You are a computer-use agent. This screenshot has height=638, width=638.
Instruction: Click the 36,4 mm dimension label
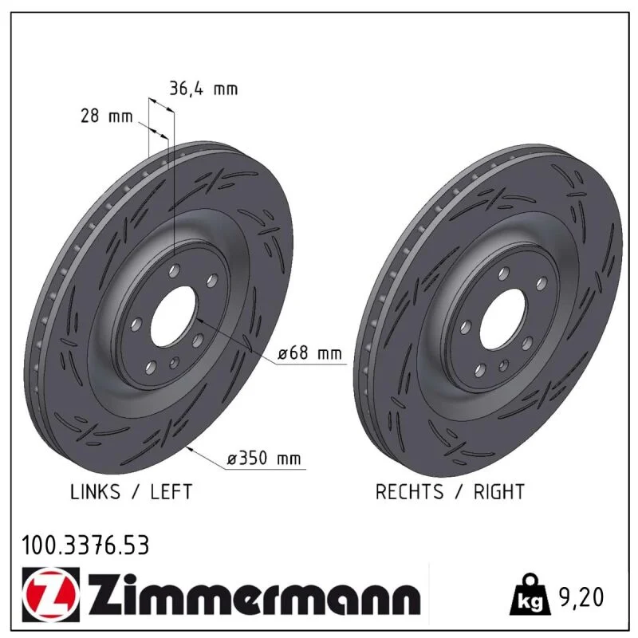point(203,89)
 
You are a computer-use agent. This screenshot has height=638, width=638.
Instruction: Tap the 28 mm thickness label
point(107,116)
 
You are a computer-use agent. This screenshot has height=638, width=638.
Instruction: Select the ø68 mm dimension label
point(310,352)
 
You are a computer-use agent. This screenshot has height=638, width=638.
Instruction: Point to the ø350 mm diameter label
point(264,458)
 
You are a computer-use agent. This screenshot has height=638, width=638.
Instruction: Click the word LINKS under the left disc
point(95,492)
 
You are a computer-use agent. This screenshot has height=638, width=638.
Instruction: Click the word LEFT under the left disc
point(171,492)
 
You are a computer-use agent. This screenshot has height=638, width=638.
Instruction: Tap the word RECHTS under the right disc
point(409,492)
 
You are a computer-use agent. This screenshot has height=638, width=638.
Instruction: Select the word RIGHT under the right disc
point(499,492)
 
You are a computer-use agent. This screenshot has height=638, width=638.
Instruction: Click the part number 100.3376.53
point(85,545)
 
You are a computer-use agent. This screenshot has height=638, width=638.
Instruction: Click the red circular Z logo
point(51,594)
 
